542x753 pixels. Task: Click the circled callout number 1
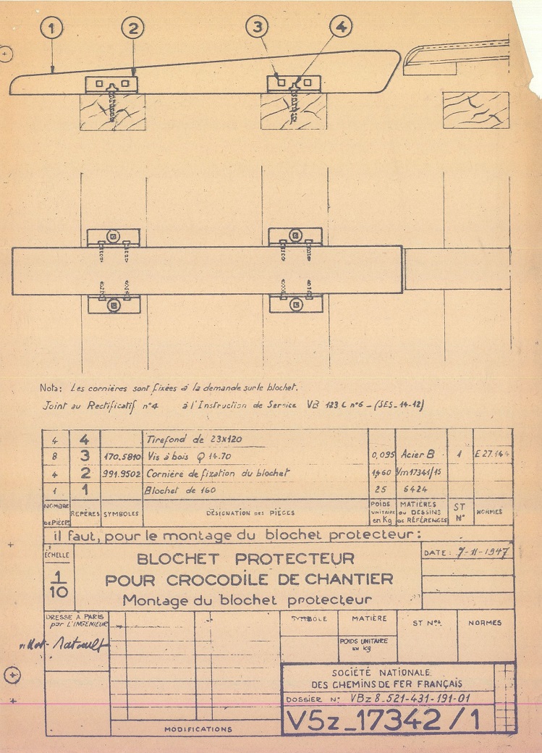click(x=53, y=29)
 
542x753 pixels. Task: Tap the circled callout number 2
click(x=133, y=29)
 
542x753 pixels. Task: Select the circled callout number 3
click(x=257, y=27)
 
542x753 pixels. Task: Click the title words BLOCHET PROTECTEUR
click(x=246, y=559)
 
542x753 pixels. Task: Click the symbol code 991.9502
click(x=121, y=473)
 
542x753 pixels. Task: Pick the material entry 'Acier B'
click(x=420, y=455)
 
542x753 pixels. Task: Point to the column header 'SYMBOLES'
click(x=121, y=513)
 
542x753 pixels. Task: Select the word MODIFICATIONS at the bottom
click(x=198, y=729)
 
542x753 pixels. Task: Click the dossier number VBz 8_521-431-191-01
click(x=410, y=700)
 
